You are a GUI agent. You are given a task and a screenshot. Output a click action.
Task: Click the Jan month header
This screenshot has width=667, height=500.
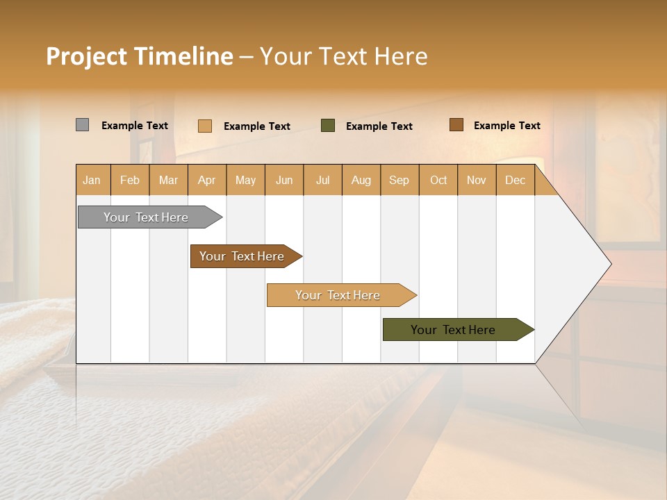pyautogui.click(x=92, y=180)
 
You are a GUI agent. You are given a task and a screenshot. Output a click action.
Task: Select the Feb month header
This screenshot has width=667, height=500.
pyautogui.click(x=130, y=180)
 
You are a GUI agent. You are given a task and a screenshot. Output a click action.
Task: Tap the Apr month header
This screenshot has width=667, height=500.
pyautogui.click(x=207, y=180)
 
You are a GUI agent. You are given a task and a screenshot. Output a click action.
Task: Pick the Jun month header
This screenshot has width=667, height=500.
pyautogui.click(x=284, y=180)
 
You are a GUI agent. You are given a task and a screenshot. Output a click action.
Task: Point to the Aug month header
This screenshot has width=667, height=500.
pyautogui.click(x=361, y=180)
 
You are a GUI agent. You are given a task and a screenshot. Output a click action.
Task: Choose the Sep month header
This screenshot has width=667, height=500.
pyautogui.click(x=400, y=180)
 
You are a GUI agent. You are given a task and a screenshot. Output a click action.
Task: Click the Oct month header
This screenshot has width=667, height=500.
pyautogui.click(x=438, y=180)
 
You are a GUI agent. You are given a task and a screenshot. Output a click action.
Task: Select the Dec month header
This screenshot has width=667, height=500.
pyautogui.click(x=516, y=180)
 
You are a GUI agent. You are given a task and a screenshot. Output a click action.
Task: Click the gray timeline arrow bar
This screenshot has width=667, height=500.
pyautogui.click(x=147, y=217)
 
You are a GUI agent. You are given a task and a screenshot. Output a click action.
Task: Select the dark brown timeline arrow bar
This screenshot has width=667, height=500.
pyautogui.click(x=242, y=256)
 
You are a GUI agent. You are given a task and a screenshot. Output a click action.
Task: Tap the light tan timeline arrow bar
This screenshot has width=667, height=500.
pyautogui.click(x=338, y=295)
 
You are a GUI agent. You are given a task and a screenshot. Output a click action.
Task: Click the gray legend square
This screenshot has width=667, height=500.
pyautogui.click(x=83, y=125)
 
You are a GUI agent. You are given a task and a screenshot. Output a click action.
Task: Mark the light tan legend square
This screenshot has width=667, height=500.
pyautogui.click(x=205, y=126)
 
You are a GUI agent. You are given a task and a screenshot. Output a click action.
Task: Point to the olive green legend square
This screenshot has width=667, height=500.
pyautogui.click(x=328, y=126)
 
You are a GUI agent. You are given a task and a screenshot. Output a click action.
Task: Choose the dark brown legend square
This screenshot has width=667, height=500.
pyautogui.click(x=456, y=125)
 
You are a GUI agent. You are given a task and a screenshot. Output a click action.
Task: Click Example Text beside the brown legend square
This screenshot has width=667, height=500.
pyautogui.click(x=507, y=126)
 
